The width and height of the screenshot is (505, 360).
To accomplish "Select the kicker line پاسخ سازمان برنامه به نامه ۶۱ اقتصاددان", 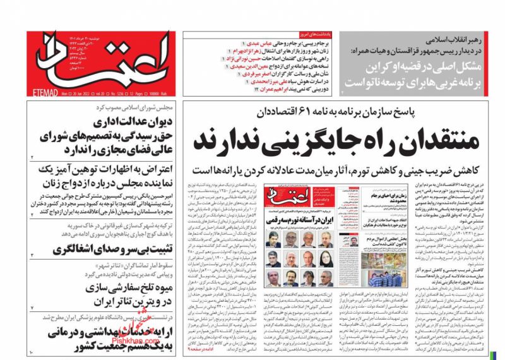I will (345, 112).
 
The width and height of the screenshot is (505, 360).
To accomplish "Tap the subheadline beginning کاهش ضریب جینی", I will (344, 169).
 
